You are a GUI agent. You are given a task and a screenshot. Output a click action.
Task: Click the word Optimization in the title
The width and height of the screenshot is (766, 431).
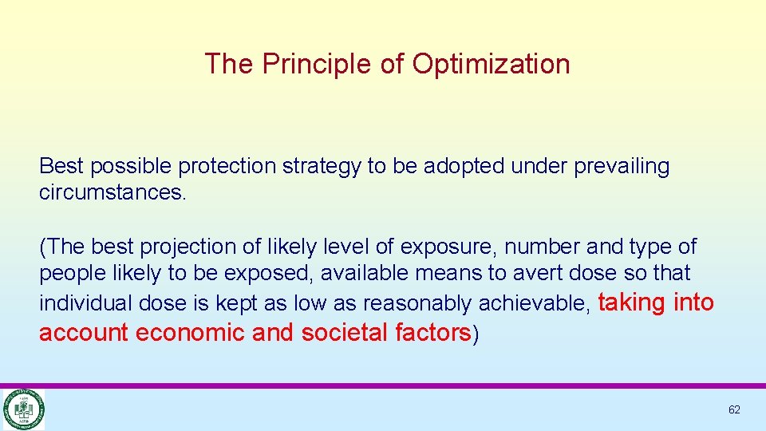pyautogui.click(x=491, y=64)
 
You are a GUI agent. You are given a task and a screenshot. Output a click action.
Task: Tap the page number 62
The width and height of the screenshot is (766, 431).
pyautogui.click(x=734, y=409)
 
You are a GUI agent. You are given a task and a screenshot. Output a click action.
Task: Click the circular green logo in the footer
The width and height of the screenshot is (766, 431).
pyautogui.click(x=24, y=409)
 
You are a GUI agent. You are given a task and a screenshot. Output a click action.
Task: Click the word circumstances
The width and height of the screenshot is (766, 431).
pyautogui.click(x=113, y=193)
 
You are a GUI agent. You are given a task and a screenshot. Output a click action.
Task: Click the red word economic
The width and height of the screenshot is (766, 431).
pyautogui.click(x=191, y=332)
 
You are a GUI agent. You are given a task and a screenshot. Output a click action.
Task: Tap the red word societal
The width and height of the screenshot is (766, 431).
pyautogui.click(x=345, y=332)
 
